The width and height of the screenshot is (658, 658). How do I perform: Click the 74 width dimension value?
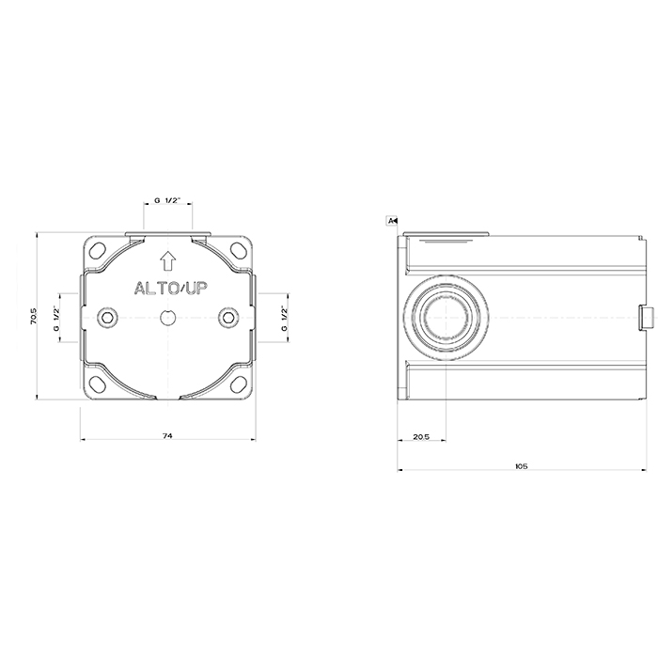point(167,436)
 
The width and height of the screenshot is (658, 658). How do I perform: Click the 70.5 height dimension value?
point(34,317)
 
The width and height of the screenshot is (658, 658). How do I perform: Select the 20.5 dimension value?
point(421,437)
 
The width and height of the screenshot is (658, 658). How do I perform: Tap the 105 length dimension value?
point(521,466)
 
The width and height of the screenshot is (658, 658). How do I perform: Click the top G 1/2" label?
point(167,200)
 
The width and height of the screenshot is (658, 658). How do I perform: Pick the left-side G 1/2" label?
point(56,318)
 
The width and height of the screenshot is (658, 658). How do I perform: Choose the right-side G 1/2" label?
point(285,318)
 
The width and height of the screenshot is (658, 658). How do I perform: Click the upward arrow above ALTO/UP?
point(168,260)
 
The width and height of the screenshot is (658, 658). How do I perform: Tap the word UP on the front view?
point(196,289)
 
